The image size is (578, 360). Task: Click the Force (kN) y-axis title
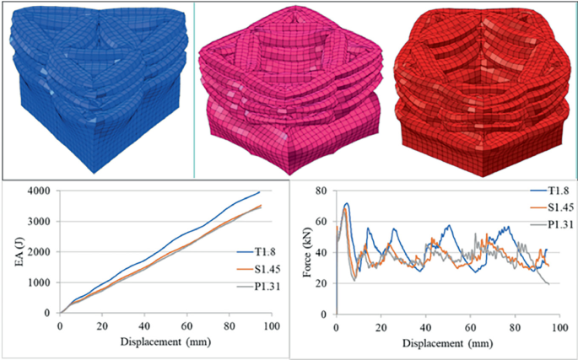point(301,251)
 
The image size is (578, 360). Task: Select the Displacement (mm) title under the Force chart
point(446,345)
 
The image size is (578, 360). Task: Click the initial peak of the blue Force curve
point(346,203)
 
